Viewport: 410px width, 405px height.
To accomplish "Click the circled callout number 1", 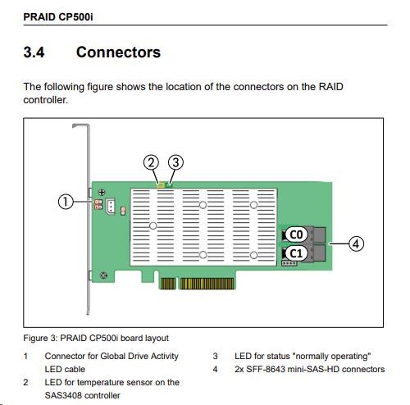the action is click(x=66, y=202).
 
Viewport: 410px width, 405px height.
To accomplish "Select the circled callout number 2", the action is click(x=151, y=162).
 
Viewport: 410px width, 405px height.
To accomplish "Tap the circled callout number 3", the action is click(x=175, y=162).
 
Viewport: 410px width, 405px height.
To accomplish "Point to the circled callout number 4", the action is click(x=357, y=243).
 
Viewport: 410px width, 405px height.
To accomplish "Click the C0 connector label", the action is click(x=296, y=234).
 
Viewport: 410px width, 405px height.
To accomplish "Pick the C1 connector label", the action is click(x=296, y=253).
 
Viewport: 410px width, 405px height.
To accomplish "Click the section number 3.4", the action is click(x=34, y=52).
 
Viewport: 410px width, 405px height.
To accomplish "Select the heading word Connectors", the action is click(x=118, y=52).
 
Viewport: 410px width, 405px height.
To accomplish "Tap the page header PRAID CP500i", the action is click(x=58, y=16).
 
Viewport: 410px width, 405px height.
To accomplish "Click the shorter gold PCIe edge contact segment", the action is click(x=167, y=284).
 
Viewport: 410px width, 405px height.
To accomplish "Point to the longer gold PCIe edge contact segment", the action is click(x=207, y=284).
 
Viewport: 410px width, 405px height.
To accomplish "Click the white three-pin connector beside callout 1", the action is click(x=111, y=207).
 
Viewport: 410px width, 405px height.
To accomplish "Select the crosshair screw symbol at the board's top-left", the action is click(x=102, y=193).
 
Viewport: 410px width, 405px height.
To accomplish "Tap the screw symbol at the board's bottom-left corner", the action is click(x=103, y=275).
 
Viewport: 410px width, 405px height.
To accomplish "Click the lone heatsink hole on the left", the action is click(x=153, y=225).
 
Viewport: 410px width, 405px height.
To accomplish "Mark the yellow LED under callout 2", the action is click(x=161, y=184).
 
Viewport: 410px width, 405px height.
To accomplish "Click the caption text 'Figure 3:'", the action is click(x=40, y=338).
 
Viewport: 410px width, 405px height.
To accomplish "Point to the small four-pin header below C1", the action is click(x=289, y=263).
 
